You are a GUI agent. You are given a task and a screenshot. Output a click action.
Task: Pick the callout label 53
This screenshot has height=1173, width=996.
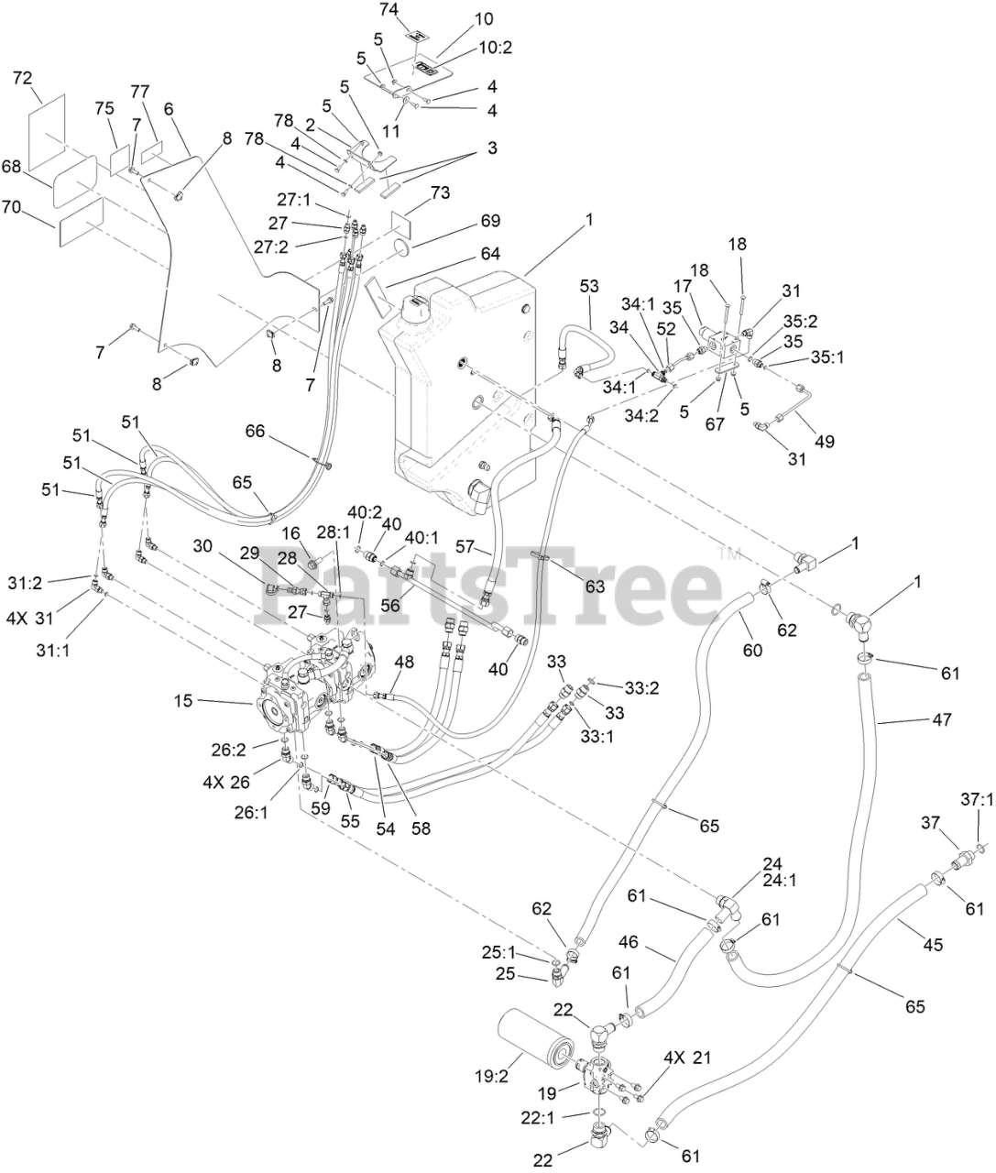(587, 287)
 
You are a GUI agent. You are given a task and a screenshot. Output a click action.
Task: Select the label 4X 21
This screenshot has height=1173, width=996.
(687, 1058)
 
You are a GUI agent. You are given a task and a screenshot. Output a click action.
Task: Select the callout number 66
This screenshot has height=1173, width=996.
(256, 431)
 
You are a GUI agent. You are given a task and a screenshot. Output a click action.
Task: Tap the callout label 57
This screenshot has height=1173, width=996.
(466, 547)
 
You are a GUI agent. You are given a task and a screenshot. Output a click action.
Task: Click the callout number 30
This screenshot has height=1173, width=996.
(202, 545)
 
